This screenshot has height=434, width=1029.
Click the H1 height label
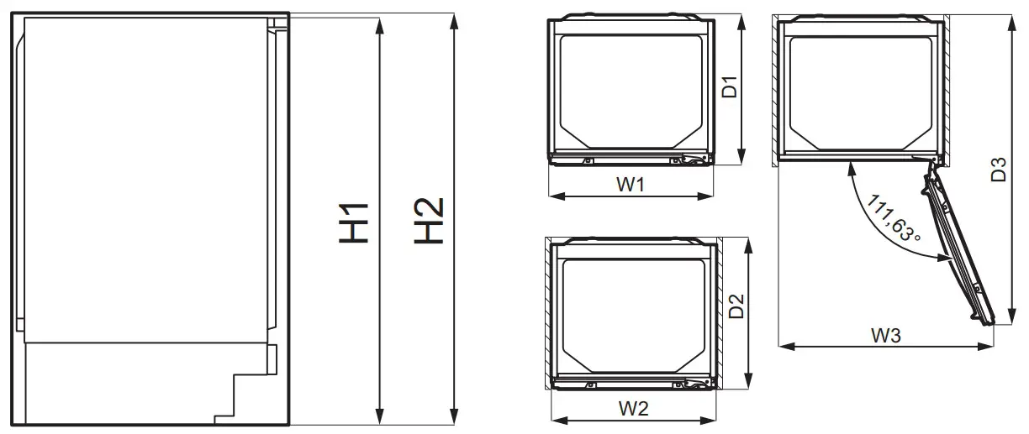355,222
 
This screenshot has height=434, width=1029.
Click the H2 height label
428,222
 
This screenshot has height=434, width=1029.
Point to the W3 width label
885,335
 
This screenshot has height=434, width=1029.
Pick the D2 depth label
736,306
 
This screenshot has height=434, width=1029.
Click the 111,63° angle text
891,221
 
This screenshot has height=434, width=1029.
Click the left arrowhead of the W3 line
782,344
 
